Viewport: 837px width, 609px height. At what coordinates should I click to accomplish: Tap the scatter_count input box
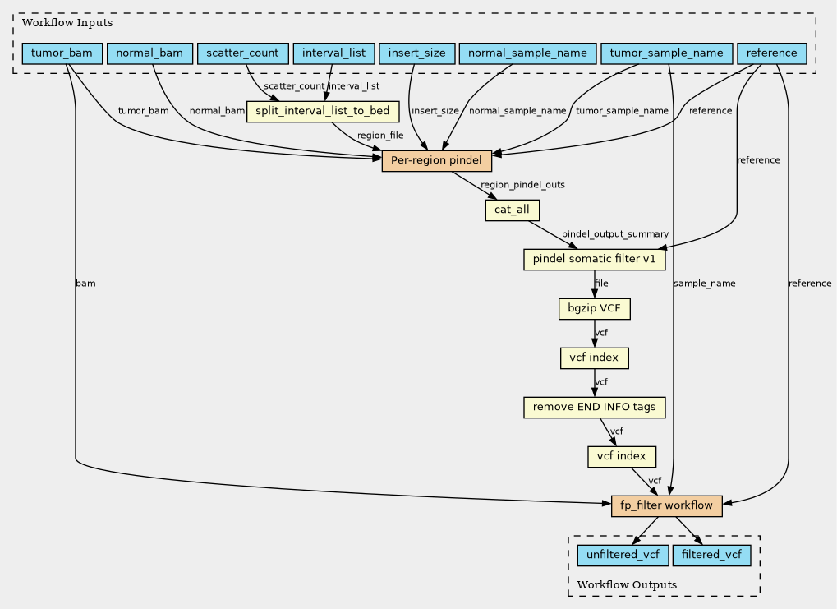(243, 53)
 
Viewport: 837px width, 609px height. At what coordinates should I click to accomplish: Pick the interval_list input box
(333, 53)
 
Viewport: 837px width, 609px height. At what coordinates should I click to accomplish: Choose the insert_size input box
(416, 53)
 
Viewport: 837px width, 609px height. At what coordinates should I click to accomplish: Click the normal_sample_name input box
(527, 53)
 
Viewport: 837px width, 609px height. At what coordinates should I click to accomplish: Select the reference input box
(771, 53)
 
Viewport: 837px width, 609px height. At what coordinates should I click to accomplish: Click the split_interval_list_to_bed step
(323, 111)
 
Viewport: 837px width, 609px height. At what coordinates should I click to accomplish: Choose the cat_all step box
(512, 210)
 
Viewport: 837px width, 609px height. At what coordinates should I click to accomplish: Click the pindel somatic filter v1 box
(594, 260)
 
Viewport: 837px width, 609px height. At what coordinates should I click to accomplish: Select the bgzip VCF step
(594, 309)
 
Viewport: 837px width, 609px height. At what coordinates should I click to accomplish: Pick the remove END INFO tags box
(594, 408)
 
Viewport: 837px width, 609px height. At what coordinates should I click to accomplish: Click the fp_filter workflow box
(666, 505)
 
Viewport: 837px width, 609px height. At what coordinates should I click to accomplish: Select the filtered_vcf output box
(711, 556)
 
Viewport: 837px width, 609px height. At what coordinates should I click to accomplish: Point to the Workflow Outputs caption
(627, 584)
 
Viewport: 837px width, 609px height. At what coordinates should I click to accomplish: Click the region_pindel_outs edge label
(522, 185)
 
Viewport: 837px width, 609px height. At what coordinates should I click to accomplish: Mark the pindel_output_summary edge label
(614, 235)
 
